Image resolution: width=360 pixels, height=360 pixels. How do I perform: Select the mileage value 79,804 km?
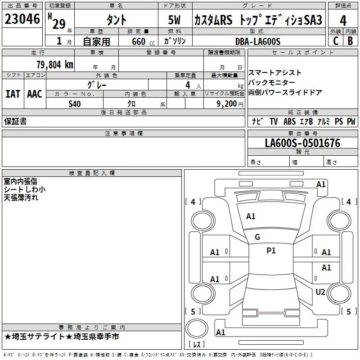coord(54,65)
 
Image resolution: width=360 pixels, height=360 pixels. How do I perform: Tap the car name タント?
coord(116,20)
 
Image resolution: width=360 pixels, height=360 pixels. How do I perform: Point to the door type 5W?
coord(175,20)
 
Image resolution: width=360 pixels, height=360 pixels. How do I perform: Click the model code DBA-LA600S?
coord(257,41)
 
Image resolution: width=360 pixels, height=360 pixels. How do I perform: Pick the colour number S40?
coord(75,104)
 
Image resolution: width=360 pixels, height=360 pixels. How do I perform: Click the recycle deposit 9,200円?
coord(229,104)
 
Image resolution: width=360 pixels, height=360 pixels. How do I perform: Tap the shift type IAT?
coord(13,94)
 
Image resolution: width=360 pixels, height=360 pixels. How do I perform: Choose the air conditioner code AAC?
coord(35,94)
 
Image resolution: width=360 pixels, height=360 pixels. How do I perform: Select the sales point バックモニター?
coord(272,83)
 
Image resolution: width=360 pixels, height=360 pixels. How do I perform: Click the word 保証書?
coord(15,121)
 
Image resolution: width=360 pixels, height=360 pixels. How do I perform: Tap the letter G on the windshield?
coord(257,237)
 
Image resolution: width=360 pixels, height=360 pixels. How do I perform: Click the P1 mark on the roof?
coord(271,251)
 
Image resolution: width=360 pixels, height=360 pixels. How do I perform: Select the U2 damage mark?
coord(320,292)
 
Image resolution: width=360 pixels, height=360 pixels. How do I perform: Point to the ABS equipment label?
coord(289,121)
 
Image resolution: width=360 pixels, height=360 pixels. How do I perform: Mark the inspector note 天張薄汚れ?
coord(21,198)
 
